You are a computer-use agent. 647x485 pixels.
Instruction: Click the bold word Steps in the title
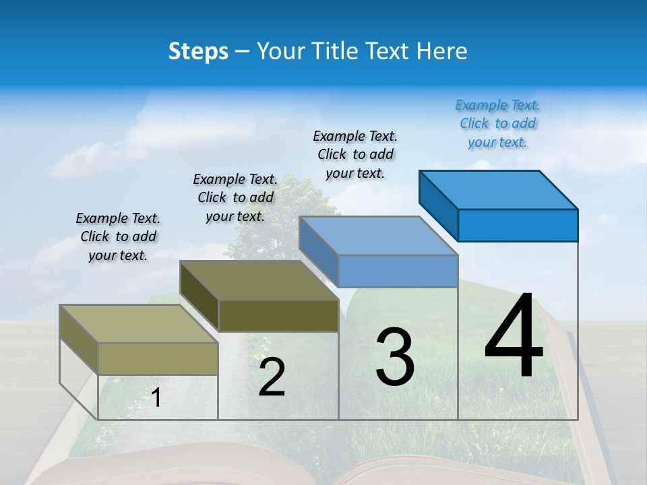[x=198, y=51]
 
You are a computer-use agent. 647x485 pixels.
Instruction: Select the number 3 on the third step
[x=395, y=357]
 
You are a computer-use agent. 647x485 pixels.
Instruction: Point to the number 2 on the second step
[x=272, y=377]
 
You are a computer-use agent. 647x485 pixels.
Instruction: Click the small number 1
[x=156, y=397]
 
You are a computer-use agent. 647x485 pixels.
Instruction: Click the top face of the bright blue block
[x=498, y=189]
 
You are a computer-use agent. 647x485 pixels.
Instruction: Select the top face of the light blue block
[x=378, y=236]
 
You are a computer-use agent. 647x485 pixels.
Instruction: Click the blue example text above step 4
[x=497, y=123]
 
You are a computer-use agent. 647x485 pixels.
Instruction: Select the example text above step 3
[x=355, y=154]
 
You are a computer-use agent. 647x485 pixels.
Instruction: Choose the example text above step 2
[x=235, y=197]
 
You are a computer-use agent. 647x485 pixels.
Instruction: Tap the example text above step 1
[x=118, y=236]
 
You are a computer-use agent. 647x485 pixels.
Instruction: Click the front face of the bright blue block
[x=518, y=225]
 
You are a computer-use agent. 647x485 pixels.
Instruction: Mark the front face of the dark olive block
[x=278, y=315]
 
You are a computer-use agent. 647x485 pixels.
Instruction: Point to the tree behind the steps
[x=297, y=202]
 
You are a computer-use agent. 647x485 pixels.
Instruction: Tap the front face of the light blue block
[x=398, y=271]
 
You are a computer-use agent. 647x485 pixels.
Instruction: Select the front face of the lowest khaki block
[x=158, y=358]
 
